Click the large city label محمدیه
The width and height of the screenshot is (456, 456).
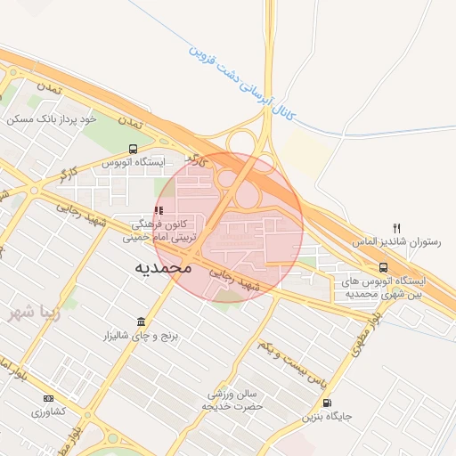[166, 266]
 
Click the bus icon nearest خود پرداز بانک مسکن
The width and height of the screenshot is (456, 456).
[133, 149]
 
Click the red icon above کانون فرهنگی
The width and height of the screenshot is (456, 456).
[159, 211]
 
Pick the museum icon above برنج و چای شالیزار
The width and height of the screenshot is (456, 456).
[141, 322]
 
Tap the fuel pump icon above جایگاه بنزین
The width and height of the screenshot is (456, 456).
[332, 403]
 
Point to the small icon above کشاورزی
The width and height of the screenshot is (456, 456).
[48, 397]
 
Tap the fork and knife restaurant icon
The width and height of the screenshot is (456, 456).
[396, 228]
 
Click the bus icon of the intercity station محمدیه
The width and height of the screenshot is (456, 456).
[383, 266]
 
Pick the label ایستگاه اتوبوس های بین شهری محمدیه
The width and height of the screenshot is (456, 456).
[384, 287]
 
